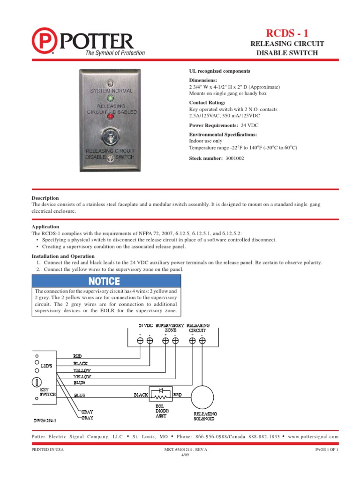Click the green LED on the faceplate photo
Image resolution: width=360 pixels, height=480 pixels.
(111, 98)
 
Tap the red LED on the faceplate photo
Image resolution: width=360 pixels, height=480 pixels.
(111, 116)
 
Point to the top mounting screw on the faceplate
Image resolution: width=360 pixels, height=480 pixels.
(110, 82)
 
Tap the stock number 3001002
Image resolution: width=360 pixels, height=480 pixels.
(234, 158)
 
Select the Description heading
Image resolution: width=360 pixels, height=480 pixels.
(45, 198)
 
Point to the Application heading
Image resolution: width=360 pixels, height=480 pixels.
(45, 226)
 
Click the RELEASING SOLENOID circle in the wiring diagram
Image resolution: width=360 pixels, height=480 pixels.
(204, 396)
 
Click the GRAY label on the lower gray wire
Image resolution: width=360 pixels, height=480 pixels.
(87, 417)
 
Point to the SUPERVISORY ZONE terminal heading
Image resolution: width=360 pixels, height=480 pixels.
(169, 327)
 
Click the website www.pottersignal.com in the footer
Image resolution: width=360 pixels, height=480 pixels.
(314, 436)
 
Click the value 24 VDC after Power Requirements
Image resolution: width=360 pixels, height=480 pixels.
(249, 126)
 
